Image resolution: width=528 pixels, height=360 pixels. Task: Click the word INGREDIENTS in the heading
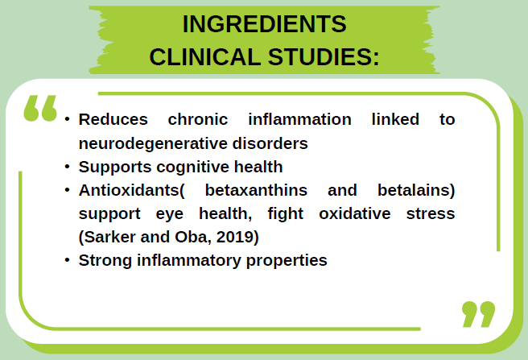[264, 25]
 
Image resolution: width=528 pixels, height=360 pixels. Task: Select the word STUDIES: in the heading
[324, 57]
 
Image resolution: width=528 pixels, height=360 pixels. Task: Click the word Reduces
[113, 119]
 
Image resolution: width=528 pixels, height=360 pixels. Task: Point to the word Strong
[103, 261]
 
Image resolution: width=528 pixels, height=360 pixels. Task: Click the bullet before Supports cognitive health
[68, 168]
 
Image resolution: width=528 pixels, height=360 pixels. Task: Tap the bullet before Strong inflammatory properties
[68, 262]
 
